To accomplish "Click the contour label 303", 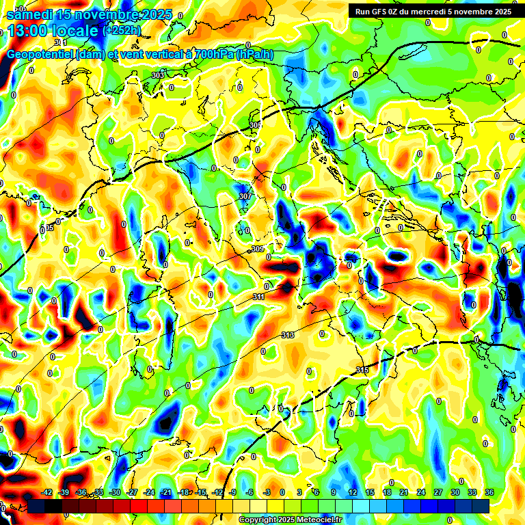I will point(158,75).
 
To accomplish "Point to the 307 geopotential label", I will point(245,196).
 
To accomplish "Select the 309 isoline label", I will point(257,249).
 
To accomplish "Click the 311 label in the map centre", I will point(259,297).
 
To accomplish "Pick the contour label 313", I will point(288,335).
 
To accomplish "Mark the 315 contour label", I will point(363,370).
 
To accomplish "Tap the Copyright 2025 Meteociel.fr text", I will point(290,520).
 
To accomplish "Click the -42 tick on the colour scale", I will point(46,492).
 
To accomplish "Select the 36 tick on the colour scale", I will point(489,492).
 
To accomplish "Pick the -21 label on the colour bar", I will point(166,492).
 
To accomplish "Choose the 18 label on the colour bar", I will point(386,492).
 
